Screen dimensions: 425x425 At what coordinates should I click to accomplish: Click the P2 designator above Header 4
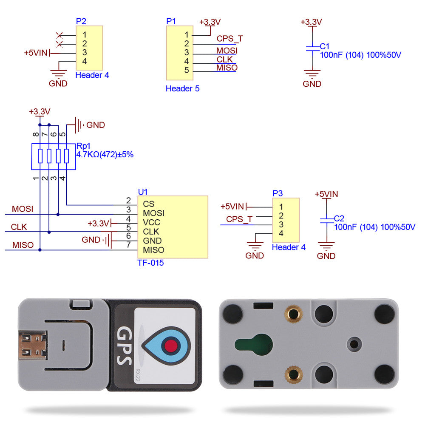click(81, 21)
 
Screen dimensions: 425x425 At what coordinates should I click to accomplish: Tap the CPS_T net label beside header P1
click(229, 39)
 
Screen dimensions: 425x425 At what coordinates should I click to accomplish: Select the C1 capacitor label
click(325, 46)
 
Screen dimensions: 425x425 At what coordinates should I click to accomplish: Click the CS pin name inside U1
click(148, 204)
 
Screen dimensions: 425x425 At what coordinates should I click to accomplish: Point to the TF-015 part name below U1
click(150, 263)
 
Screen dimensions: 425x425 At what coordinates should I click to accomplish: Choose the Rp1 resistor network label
click(83, 146)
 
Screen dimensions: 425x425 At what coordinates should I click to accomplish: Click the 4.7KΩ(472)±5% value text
click(105, 155)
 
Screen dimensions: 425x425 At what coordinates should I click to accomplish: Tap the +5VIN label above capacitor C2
click(326, 194)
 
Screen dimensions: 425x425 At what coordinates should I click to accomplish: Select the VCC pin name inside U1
click(151, 223)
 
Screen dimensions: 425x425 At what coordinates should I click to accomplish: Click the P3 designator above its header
click(277, 193)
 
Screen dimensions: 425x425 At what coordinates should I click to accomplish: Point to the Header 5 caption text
click(182, 89)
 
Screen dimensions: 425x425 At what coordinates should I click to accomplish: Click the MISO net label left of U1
click(23, 246)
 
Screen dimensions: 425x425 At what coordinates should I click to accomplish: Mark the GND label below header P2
click(58, 84)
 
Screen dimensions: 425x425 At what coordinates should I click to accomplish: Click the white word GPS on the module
click(123, 346)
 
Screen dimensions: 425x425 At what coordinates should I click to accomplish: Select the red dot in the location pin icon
click(171, 344)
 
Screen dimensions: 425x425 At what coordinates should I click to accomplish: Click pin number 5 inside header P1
click(187, 70)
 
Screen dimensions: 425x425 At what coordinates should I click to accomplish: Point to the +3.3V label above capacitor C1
click(311, 22)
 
